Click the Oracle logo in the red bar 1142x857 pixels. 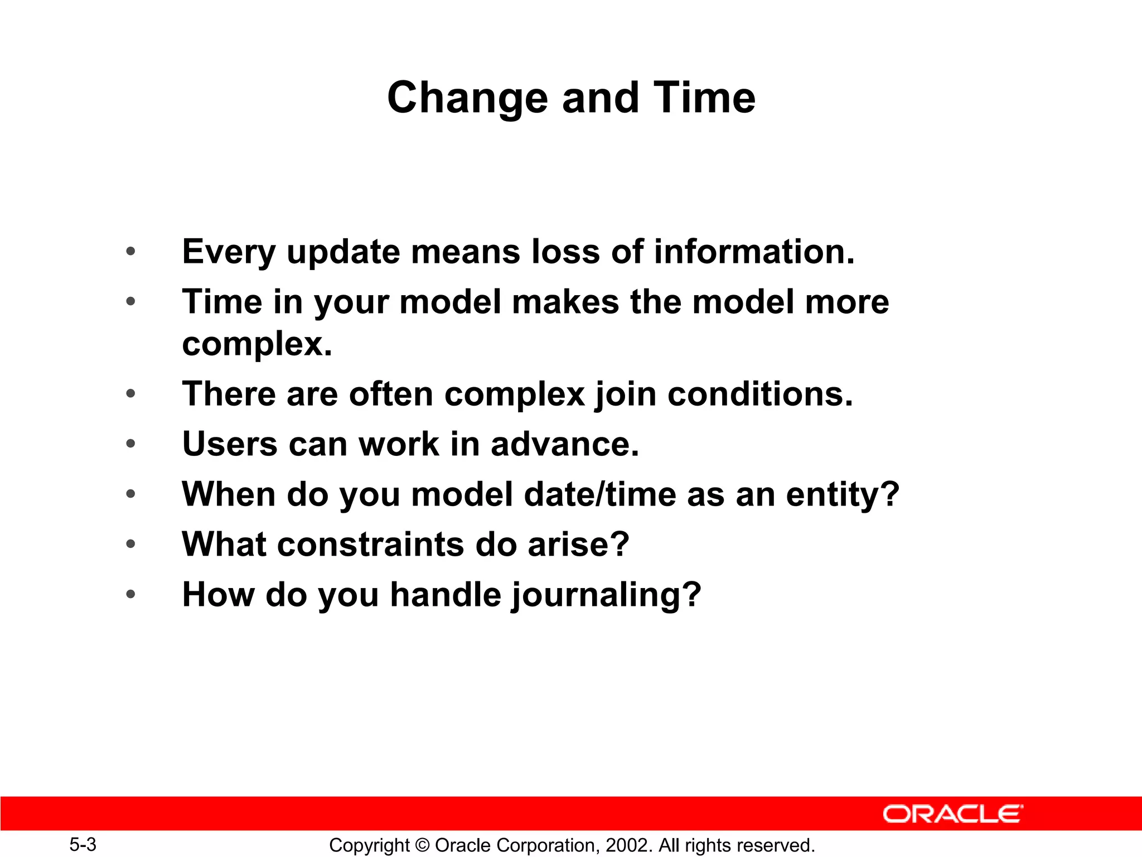tap(952, 814)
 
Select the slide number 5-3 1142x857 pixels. tap(83, 844)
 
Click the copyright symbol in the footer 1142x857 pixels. tap(422, 845)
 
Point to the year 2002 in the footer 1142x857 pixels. tap(627, 845)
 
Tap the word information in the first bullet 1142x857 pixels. tap(754, 252)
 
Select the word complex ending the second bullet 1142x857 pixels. tap(257, 344)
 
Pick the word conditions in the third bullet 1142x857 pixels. tap(760, 394)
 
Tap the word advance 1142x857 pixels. tap(564, 444)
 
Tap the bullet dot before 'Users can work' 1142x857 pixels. tap(130, 444)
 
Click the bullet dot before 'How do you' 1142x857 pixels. tap(130, 594)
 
